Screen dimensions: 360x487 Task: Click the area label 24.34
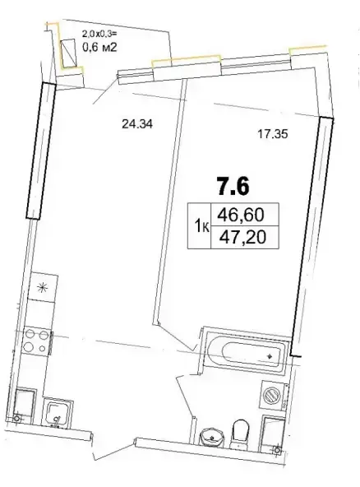137,124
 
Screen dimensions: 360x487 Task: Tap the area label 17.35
273,134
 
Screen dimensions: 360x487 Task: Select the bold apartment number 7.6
233,187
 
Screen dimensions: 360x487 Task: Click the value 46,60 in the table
241,215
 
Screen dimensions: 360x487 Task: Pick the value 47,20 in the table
242,238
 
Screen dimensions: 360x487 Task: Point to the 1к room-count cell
201,226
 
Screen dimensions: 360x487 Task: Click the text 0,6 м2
99,48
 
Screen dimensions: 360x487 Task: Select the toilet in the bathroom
240,434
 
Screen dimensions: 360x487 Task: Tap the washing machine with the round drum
272,396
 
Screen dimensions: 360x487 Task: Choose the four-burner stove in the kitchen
37,341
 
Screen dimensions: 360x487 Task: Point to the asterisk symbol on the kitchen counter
42,288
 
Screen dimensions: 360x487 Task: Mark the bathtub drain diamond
270,356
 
